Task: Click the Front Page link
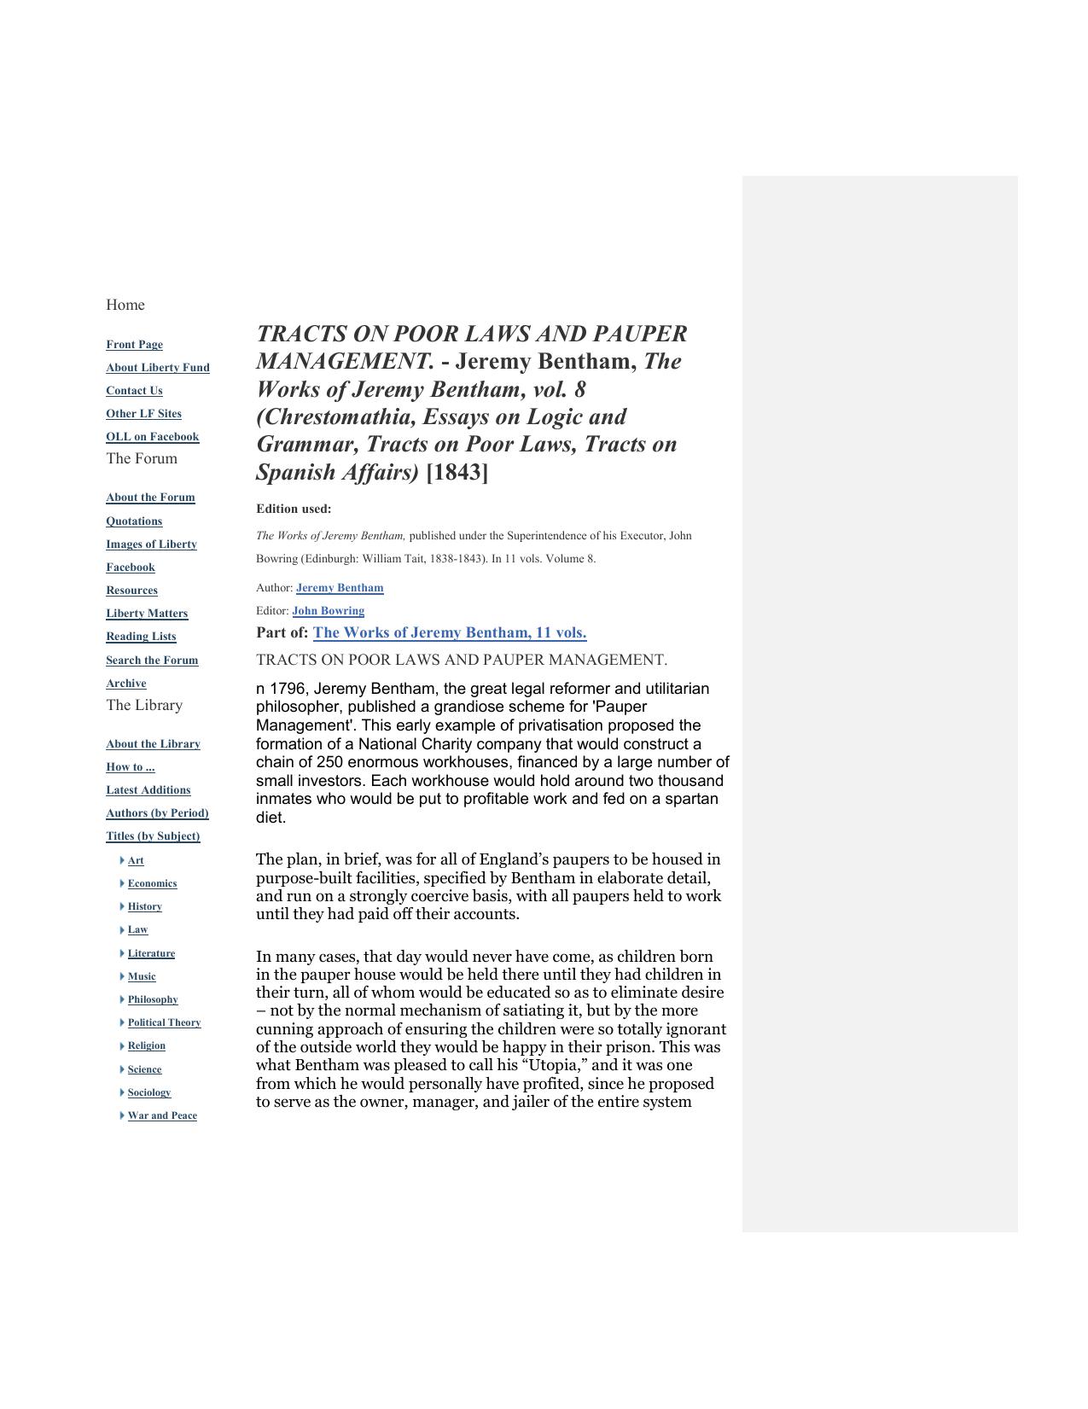tap(134, 345)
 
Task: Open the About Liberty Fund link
tap(157, 368)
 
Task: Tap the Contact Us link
tap(134, 391)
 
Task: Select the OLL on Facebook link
tap(152, 437)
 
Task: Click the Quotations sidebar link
tap(134, 521)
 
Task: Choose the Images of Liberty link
tap(151, 544)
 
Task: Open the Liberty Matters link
tap(147, 614)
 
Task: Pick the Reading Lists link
tap(141, 637)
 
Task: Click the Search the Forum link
tap(152, 661)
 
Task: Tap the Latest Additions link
tap(148, 790)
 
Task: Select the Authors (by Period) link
tap(157, 813)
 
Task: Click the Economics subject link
tap(152, 883)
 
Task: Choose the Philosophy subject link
tap(153, 999)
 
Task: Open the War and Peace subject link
tap(162, 1115)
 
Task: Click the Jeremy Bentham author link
tap(340, 588)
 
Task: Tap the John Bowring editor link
tap(328, 611)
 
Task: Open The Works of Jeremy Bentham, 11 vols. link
tap(450, 633)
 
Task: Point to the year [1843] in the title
tap(457, 472)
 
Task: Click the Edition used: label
tap(294, 509)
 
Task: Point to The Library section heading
tap(144, 705)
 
